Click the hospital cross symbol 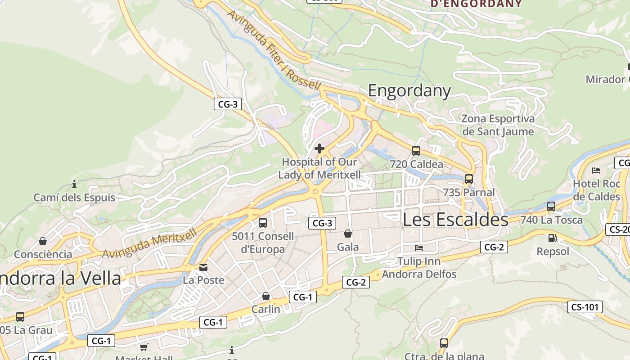(x=319, y=148)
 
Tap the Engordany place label (x=409, y=90)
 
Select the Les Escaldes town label (x=455, y=220)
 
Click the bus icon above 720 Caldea (x=416, y=151)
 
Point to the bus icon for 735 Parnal (x=469, y=179)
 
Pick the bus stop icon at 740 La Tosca (x=551, y=207)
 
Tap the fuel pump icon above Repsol (x=552, y=238)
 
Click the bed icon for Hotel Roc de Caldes (x=596, y=171)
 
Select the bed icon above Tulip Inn (x=419, y=247)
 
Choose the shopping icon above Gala (x=348, y=234)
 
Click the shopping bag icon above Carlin (x=266, y=296)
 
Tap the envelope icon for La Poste (x=203, y=267)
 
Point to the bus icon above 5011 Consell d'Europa (x=263, y=222)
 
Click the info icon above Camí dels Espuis (x=74, y=184)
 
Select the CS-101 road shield (x=585, y=307)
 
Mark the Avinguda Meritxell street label (x=149, y=243)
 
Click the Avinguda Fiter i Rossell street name (x=274, y=50)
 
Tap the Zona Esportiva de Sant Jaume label (x=498, y=125)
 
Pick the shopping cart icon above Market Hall (x=144, y=347)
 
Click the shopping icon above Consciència (x=43, y=241)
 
